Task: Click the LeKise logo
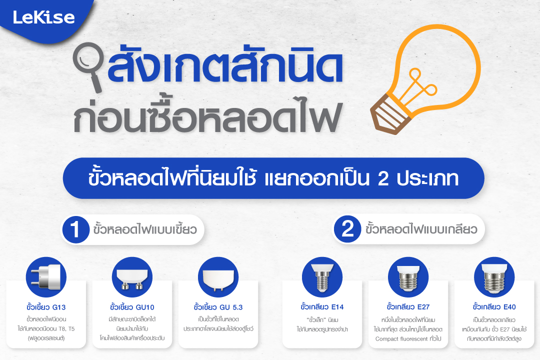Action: tap(43, 17)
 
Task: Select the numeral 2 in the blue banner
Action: tap(383, 178)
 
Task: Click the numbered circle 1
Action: tap(75, 229)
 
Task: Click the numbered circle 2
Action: tap(347, 228)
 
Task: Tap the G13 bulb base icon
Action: tap(46, 277)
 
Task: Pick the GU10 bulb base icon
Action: tap(132, 277)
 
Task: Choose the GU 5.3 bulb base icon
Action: tap(218, 277)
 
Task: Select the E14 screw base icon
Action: tap(322, 277)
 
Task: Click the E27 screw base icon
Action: tap(408, 277)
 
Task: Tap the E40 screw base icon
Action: tap(494, 277)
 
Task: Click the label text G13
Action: tap(59, 307)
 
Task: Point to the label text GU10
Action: tap(145, 307)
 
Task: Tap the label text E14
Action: tap(337, 307)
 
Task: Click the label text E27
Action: tap(423, 307)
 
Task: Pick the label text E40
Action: tap(509, 307)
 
